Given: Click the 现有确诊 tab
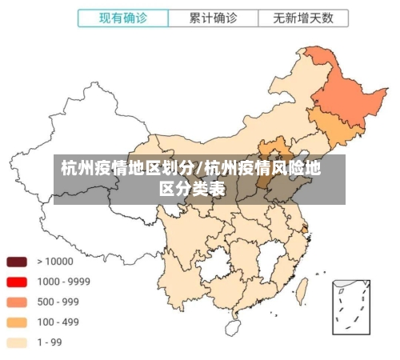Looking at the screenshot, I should tap(122, 17).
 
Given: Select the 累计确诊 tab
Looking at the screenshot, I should tap(213, 17).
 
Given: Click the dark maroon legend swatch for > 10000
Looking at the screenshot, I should tap(17, 262).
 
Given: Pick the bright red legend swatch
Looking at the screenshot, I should tap(17, 282).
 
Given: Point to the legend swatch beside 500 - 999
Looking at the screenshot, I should tap(17, 302).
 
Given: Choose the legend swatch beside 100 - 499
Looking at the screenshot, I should tap(17, 322).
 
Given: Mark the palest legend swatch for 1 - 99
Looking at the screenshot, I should tap(17, 342).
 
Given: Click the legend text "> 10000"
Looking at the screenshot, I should tap(54, 262).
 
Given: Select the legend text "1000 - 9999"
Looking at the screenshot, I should tap(64, 282).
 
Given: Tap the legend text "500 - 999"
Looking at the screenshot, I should tap(58, 302).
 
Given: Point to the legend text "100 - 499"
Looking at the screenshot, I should tap(58, 322).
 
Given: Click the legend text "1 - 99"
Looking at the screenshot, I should tap(50, 342).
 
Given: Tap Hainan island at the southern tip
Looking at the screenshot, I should tap(234, 326).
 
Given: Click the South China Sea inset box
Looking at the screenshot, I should tap(351, 307).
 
